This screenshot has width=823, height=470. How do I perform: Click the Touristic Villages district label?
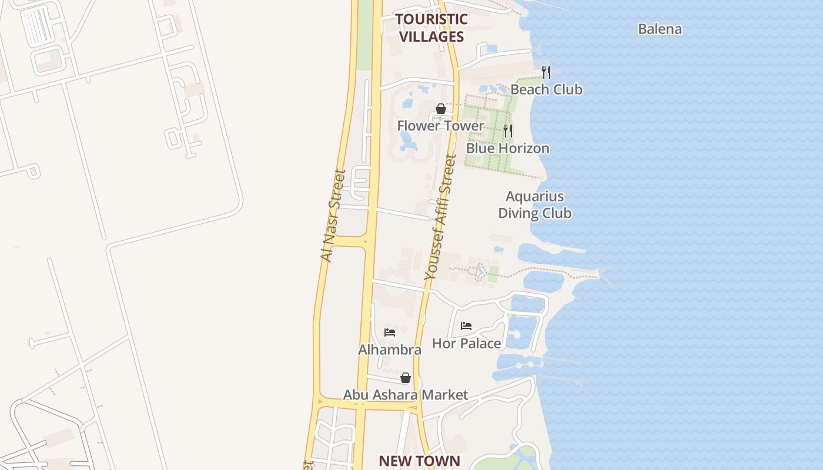pos(431,28)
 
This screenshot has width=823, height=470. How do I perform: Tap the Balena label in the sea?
pos(660,29)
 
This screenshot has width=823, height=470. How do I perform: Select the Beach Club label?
pos(546,89)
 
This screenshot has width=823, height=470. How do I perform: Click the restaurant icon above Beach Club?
pos(546,72)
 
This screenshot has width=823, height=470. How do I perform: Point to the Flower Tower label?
pos(440,126)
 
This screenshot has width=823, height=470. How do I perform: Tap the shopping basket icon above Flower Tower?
pos(440,109)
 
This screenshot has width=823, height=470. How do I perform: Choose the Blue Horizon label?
pos(507,148)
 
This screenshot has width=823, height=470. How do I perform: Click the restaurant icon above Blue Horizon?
pos(508,130)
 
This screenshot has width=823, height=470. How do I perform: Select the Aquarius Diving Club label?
pos(534,204)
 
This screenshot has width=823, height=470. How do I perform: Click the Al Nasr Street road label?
pos(333,216)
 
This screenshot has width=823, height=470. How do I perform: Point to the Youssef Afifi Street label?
pos(440,217)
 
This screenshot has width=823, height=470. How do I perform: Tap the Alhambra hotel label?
pos(390,350)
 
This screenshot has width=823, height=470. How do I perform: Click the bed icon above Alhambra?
pos(389,333)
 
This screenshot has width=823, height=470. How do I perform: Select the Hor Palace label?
pos(467,343)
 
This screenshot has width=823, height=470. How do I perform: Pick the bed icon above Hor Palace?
pos(466,325)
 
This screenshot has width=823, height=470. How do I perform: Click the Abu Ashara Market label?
pos(406,395)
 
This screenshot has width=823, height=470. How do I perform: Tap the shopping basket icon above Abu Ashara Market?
pos(405,378)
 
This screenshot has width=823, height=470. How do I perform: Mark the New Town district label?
pos(419,461)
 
